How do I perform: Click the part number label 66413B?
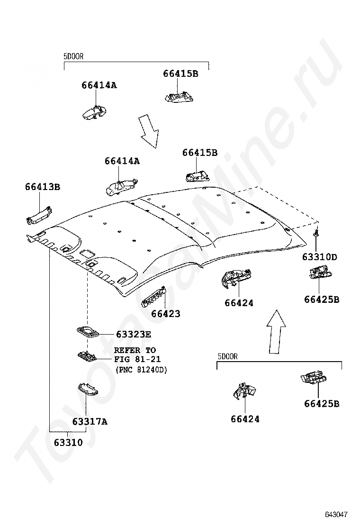(x=43, y=187)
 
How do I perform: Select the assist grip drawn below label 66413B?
(x=39, y=214)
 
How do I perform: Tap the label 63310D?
(x=320, y=257)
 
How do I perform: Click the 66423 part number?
(x=166, y=314)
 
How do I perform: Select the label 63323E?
(x=134, y=335)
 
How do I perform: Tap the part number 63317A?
(x=90, y=421)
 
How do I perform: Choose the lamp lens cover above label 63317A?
(x=87, y=390)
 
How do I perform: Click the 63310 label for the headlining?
(x=68, y=444)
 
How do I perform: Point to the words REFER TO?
(x=135, y=350)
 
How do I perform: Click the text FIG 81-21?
(x=137, y=360)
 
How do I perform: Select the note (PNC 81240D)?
(x=141, y=370)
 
